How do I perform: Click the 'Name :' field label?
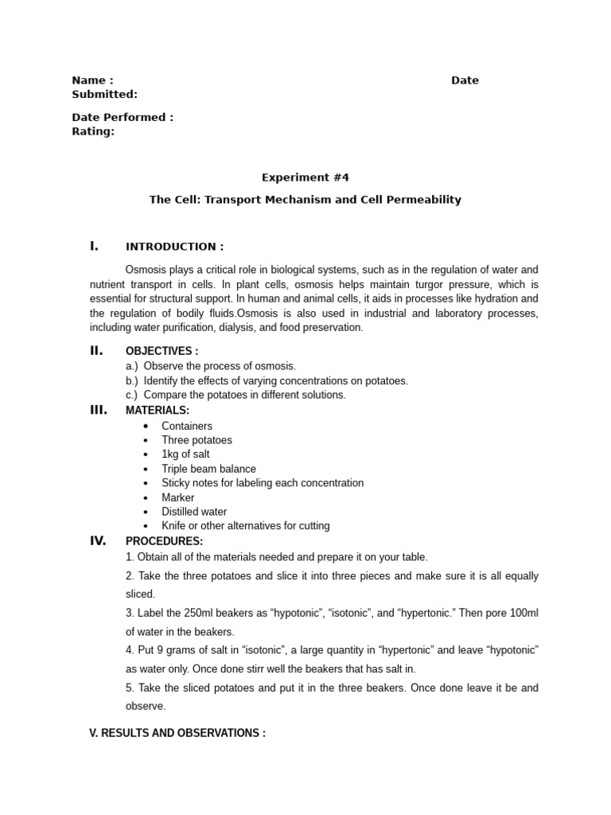coord(92,80)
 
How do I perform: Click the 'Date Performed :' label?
coord(123,118)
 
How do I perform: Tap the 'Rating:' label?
coord(93,131)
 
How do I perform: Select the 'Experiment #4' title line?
coord(305,177)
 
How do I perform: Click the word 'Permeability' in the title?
coord(422,200)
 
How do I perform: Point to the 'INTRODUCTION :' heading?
coord(174,247)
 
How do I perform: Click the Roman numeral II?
coord(96,350)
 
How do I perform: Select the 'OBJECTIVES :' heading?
coord(162,351)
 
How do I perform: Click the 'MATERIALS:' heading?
coord(158,410)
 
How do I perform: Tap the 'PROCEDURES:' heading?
coord(164,541)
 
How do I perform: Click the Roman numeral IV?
coord(98,540)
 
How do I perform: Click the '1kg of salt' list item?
coord(185,454)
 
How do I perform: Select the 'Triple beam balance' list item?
coord(208,469)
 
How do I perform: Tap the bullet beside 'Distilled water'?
coord(146,513)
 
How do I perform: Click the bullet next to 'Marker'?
coord(146,498)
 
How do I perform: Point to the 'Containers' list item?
coord(187,426)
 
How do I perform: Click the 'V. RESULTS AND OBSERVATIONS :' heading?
coord(177,733)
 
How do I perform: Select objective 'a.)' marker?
coord(131,366)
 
